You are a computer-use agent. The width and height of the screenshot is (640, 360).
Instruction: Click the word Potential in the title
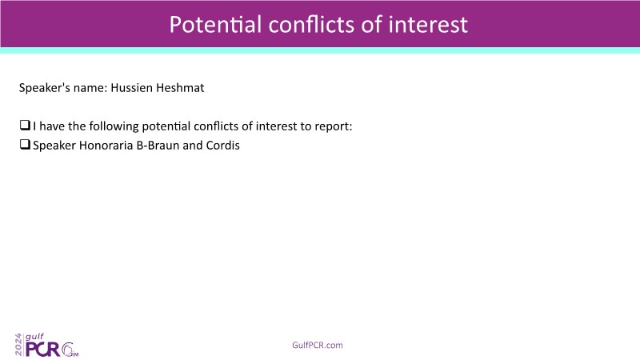[215, 25]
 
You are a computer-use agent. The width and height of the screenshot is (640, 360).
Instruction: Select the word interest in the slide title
[428, 25]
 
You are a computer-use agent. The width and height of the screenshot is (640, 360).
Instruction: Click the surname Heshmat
[181, 88]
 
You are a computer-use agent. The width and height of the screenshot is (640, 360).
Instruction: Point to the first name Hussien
[132, 88]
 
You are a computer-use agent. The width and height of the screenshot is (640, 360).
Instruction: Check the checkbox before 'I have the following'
[25, 125]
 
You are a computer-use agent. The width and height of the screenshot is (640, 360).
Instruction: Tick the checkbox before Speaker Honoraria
[25, 144]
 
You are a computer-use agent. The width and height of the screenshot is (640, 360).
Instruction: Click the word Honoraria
[106, 146]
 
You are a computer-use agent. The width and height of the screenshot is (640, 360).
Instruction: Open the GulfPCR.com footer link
[318, 346]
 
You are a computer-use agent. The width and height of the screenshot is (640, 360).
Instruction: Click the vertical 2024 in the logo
[18, 345]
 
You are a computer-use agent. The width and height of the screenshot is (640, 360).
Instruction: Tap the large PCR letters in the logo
[43, 350]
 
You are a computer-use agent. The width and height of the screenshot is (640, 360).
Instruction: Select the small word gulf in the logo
[34, 337]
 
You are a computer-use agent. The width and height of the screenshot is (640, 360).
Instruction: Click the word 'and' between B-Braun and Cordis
[193, 146]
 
